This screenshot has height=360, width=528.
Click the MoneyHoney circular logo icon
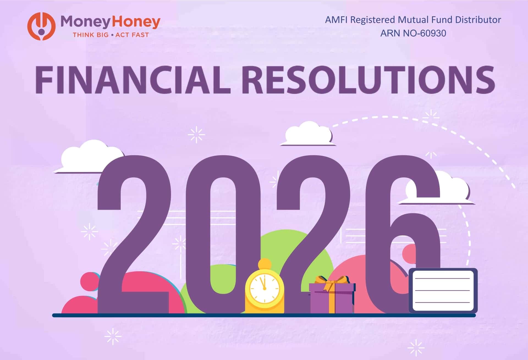[41, 26]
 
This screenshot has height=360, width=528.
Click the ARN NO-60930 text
[413, 33]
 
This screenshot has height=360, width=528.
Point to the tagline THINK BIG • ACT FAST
[111, 35]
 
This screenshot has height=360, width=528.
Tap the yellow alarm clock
[265, 289]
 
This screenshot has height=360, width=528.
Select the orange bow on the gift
[332, 281]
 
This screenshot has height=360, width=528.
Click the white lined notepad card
[443, 290]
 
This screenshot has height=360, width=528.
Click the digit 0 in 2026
[223, 234]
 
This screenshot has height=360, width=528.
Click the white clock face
[265, 287]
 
